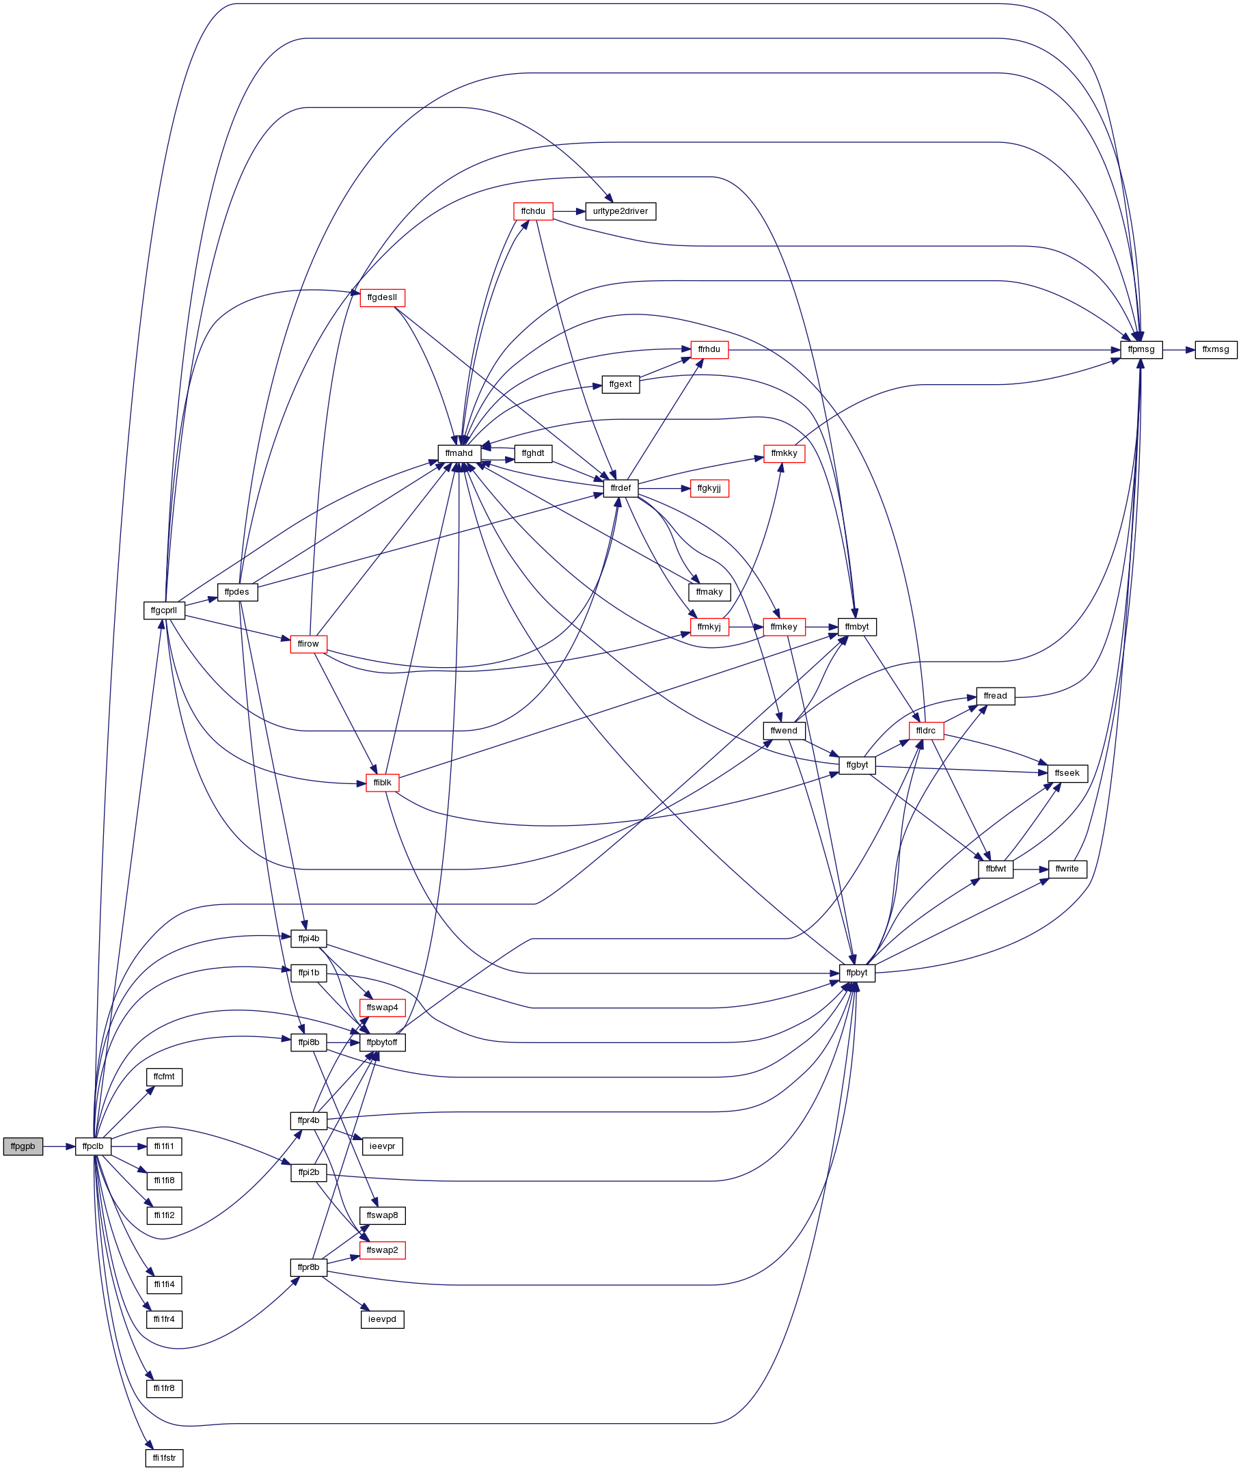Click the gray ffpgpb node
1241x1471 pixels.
[23, 1146]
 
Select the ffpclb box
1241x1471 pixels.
[93, 1146]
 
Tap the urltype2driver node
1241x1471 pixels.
[620, 211]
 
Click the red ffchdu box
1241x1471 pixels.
[533, 211]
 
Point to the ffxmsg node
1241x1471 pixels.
[1216, 350]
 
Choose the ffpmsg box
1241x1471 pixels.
[1141, 350]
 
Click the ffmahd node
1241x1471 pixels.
[459, 453]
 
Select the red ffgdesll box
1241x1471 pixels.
[382, 298]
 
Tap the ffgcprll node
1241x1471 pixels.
[164, 610]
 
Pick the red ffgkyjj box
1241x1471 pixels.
[709, 489]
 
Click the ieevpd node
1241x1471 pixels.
[382, 1319]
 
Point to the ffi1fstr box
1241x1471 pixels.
[164, 1457]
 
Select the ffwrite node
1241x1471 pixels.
[1067, 869]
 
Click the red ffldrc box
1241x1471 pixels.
[926, 731]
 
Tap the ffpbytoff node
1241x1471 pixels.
[382, 1042]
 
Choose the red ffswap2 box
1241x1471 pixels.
[382, 1250]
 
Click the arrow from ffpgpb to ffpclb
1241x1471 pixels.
[58, 1146]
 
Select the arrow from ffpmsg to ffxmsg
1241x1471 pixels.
[1178, 350]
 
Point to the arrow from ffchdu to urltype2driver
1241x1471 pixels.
[569, 211]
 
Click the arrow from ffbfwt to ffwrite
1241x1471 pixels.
[1031, 869]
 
